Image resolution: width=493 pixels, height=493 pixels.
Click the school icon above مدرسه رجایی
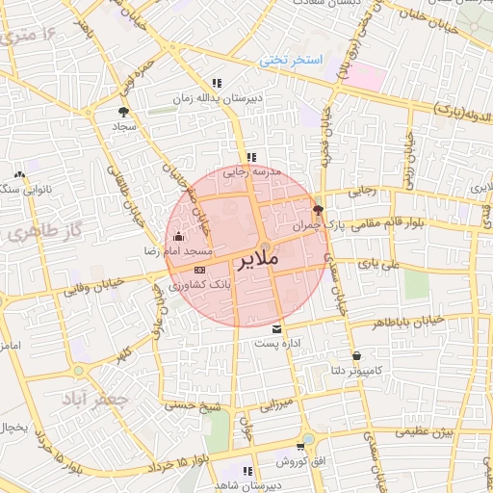[251, 157]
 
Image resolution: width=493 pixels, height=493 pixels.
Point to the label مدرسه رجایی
[251, 172]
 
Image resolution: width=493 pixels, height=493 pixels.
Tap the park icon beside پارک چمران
[319, 209]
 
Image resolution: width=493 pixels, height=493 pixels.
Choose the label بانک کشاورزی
[201, 286]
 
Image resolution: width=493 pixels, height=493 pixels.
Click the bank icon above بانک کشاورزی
[199, 270]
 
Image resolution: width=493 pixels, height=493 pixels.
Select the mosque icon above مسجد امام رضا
[177, 236]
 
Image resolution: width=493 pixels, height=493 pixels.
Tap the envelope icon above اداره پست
[278, 328]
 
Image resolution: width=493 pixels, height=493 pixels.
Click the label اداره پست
[279, 343]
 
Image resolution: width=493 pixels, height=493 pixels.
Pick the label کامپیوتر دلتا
[357, 370]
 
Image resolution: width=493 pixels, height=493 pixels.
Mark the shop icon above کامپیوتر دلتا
[356, 354]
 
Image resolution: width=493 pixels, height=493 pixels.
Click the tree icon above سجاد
[123, 111]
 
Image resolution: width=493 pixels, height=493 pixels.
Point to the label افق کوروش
[306, 462]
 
